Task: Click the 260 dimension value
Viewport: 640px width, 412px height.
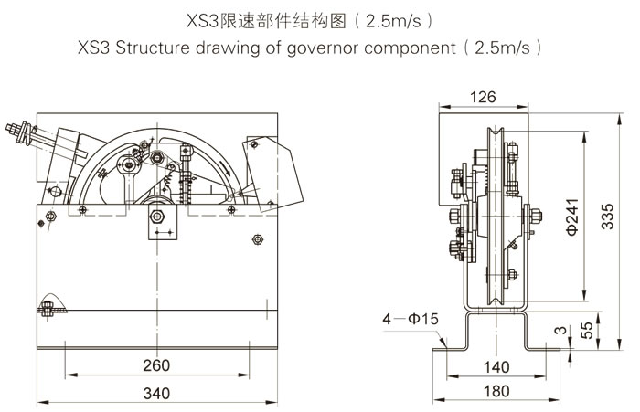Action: click(x=156, y=366)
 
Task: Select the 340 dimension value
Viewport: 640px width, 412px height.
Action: click(x=156, y=395)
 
